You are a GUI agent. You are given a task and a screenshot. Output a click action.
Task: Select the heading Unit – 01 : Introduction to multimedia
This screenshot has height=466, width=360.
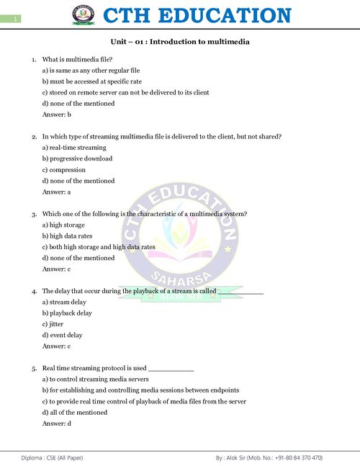(180, 42)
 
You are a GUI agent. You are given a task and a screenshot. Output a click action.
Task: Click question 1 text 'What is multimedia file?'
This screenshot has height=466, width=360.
(77, 59)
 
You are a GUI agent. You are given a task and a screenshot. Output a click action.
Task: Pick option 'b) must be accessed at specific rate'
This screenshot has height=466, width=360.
(91, 81)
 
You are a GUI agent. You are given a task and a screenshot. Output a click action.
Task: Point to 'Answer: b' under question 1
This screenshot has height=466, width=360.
(57, 115)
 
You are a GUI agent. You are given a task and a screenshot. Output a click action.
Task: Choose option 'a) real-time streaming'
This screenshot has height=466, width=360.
(74, 148)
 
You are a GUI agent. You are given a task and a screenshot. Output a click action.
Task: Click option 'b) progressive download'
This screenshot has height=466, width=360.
(77, 158)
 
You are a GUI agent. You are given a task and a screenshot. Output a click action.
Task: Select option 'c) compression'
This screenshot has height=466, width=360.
(66, 170)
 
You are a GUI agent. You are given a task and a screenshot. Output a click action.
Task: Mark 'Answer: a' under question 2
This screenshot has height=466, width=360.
(57, 192)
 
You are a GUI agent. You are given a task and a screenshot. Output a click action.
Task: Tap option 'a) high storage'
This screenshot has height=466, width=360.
(67, 225)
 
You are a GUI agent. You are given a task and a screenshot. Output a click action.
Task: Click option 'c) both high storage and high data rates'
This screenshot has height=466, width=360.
(99, 247)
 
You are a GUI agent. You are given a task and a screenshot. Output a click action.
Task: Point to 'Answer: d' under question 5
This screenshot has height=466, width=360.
(57, 424)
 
